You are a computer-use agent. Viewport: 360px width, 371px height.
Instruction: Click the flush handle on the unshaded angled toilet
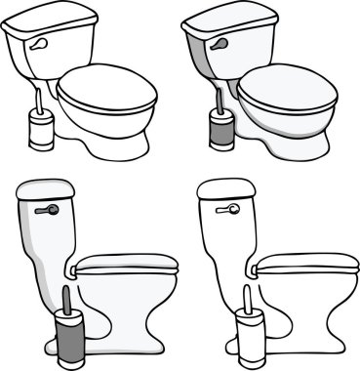tap(37, 45)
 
